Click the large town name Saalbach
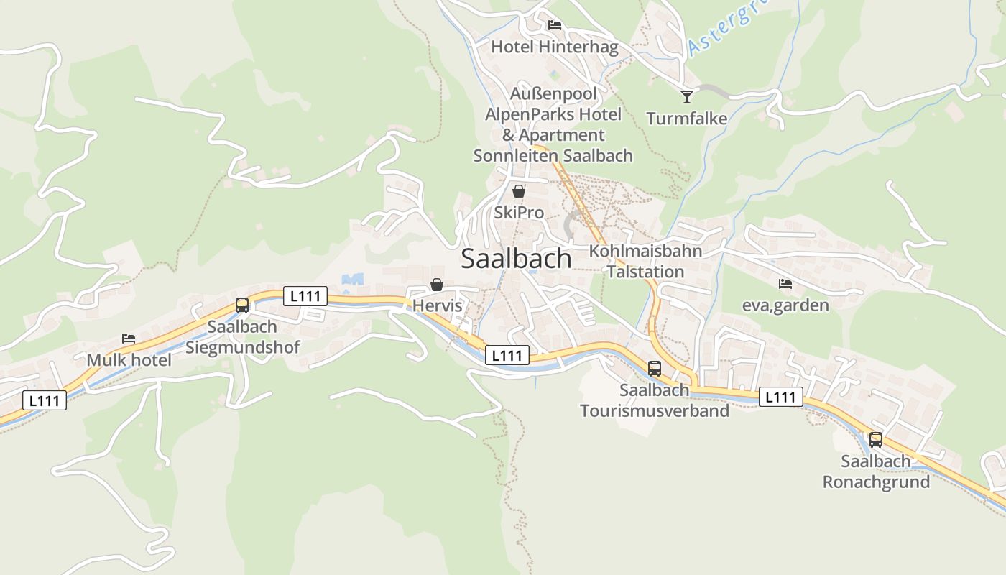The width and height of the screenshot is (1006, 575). pyautogui.click(x=516, y=259)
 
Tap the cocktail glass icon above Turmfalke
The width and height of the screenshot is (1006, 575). pyautogui.click(x=687, y=96)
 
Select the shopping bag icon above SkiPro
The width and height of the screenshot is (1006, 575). pyautogui.click(x=518, y=191)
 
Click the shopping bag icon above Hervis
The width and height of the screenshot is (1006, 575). pyautogui.click(x=436, y=285)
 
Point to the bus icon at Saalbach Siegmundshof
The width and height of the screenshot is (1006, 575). pyautogui.click(x=242, y=305)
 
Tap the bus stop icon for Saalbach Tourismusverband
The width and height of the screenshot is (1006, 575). pyautogui.click(x=654, y=369)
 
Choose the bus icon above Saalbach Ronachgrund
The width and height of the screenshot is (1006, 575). pyautogui.click(x=875, y=439)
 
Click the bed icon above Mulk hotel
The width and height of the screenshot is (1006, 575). pyautogui.click(x=129, y=338)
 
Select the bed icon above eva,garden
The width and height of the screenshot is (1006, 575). pyautogui.click(x=785, y=284)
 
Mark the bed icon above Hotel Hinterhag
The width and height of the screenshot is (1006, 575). pyautogui.click(x=554, y=25)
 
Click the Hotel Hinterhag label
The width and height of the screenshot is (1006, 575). pyautogui.click(x=554, y=47)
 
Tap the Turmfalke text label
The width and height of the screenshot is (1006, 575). pyautogui.click(x=686, y=119)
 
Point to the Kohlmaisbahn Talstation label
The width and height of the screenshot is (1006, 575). pyautogui.click(x=645, y=261)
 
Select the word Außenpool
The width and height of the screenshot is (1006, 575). pyautogui.click(x=553, y=93)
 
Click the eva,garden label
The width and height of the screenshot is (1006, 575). pyautogui.click(x=785, y=305)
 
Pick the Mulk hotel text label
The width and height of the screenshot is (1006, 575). pyautogui.click(x=129, y=360)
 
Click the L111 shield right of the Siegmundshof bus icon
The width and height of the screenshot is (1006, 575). pyautogui.click(x=305, y=295)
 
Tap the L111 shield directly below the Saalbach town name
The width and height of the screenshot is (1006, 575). pyautogui.click(x=507, y=355)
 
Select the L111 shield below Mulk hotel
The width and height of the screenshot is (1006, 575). pyautogui.click(x=45, y=400)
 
